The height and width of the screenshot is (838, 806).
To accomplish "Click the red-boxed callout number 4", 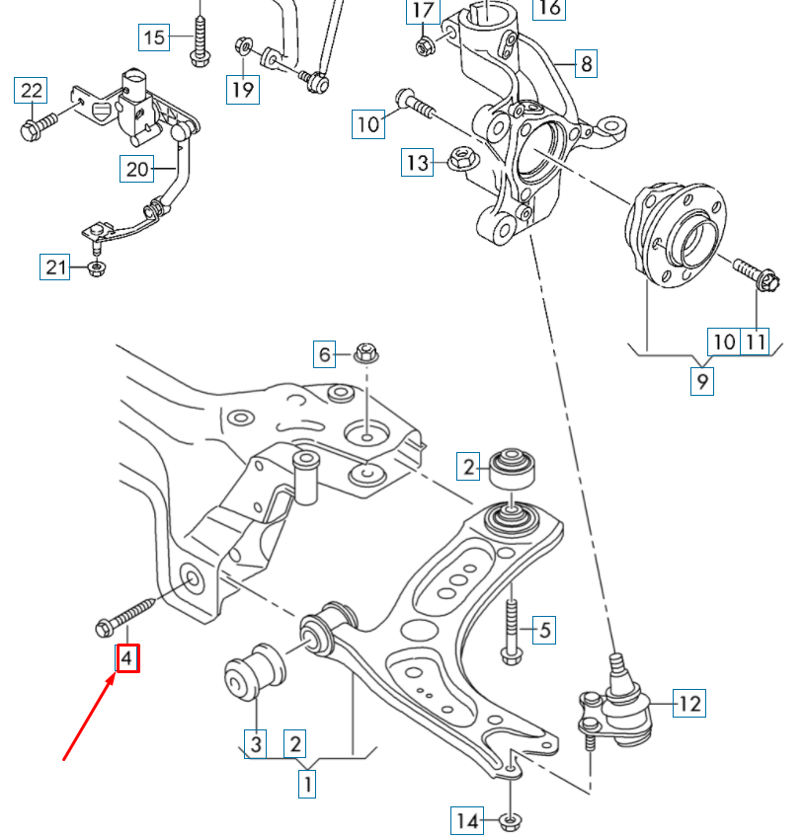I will [127, 657].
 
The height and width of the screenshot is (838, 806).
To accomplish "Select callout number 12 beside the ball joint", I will [689, 704].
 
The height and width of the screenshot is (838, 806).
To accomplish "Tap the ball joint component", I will [618, 703].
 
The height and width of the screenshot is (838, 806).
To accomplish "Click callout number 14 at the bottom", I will [467, 819].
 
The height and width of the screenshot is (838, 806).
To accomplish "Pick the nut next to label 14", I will [511, 819].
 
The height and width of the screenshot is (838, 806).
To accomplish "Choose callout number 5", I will [544, 628].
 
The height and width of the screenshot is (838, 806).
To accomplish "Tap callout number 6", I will [325, 352].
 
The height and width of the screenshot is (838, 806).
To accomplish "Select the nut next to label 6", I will [365, 351].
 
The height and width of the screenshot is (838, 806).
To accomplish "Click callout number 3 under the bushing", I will [256, 742].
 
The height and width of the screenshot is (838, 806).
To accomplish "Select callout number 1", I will [307, 785].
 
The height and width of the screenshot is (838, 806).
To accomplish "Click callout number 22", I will [33, 92].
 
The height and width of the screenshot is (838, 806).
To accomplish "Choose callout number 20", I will [137, 169].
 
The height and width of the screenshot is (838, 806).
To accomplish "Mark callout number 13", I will [417, 162].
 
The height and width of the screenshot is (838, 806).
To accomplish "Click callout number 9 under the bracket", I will [701, 380].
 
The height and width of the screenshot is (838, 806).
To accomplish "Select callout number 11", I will [756, 342].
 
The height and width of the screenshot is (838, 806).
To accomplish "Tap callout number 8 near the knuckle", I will [587, 64].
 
